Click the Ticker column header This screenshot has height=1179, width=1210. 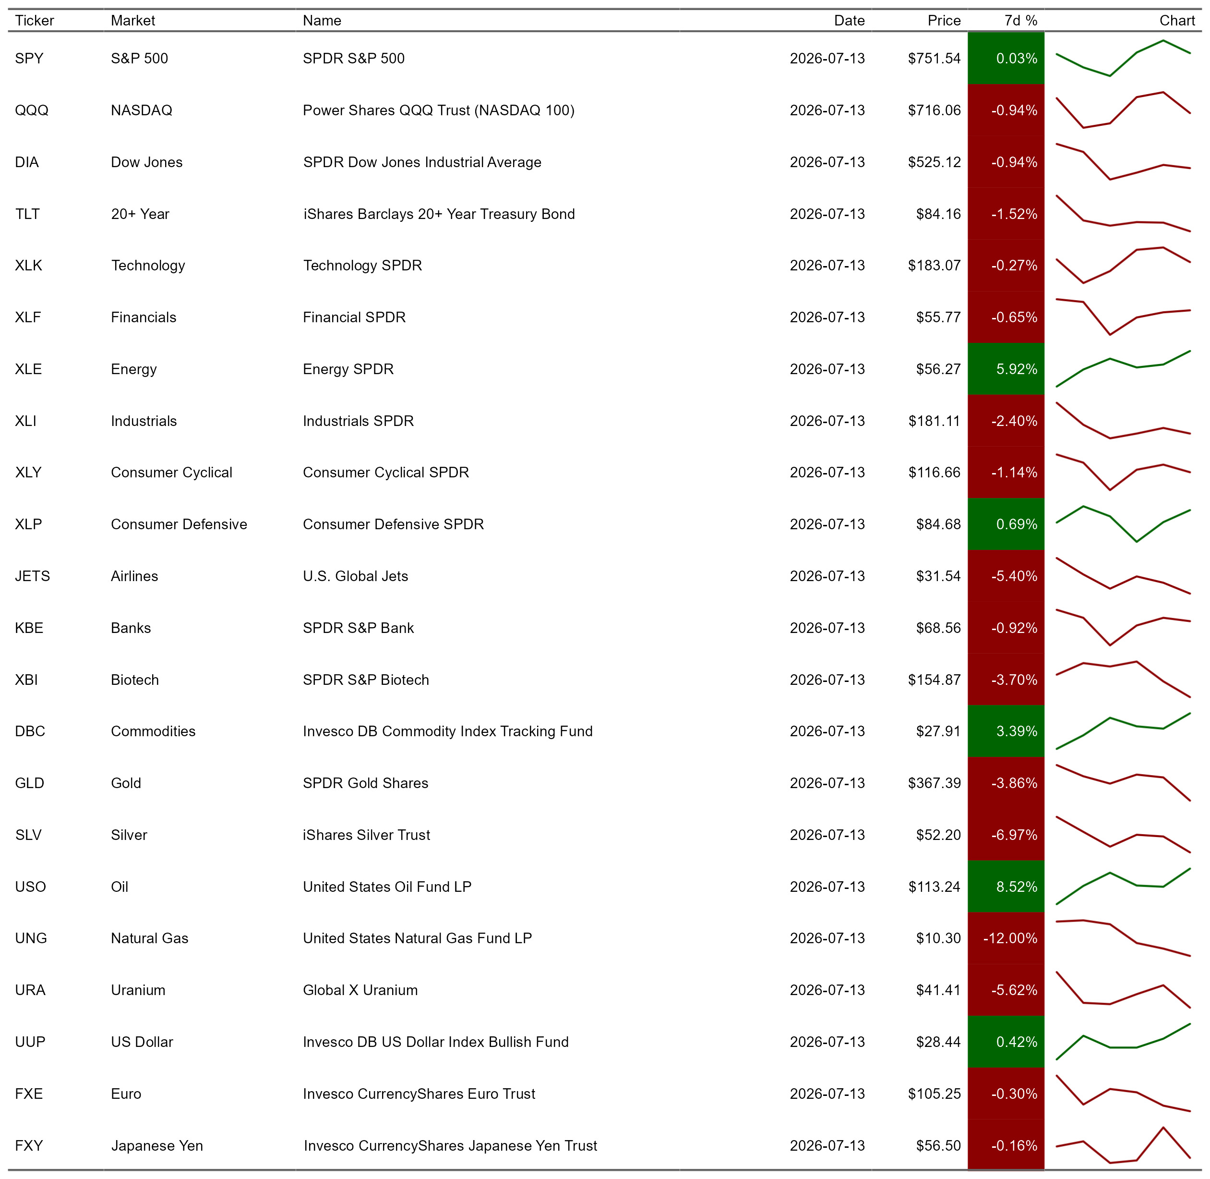tap(35, 21)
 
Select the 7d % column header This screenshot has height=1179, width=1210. tap(1020, 21)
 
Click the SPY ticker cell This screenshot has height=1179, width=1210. tap(29, 58)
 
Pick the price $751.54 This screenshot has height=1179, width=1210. tap(934, 58)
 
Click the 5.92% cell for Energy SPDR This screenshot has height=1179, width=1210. tap(1006, 369)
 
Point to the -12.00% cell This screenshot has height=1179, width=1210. tap(1006, 938)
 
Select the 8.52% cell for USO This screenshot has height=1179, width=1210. tap(1006, 887)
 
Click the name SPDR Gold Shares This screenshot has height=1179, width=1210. tap(365, 783)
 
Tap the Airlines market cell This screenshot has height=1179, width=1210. tap(134, 576)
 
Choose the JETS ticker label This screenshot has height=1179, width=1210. tap(32, 576)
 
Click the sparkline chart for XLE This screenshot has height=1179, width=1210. tap(1123, 369)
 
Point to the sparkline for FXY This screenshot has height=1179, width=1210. tap(1123, 1145)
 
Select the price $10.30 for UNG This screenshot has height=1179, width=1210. tap(938, 938)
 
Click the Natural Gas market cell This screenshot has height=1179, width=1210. tap(149, 938)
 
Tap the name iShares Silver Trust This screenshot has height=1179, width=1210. tap(366, 835)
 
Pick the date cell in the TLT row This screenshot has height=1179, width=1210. tap(827, 214)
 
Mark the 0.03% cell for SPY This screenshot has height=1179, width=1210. tap(1006, 58)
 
